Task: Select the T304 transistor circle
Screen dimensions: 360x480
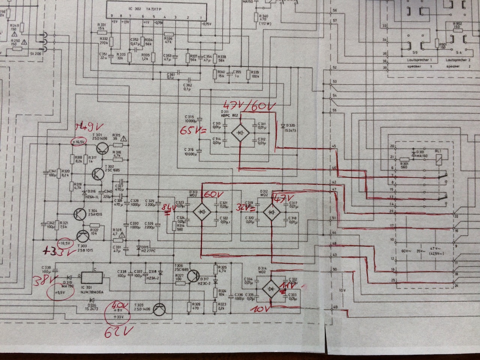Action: tap(81, 214)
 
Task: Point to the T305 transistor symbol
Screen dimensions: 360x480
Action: tap(161, 308)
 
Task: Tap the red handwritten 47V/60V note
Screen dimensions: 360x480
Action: tap(247, 107)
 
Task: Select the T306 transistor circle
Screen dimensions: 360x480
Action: tap(194, 276)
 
